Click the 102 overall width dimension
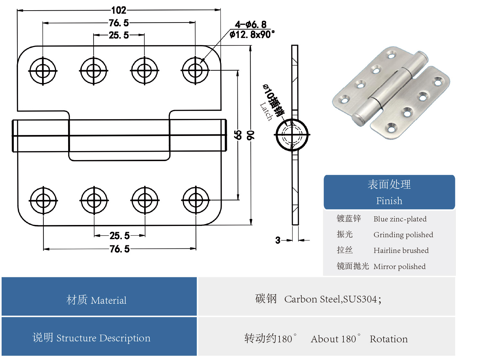coord(119,10)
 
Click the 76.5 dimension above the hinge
coord(119,23)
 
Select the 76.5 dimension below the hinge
coord(120,249)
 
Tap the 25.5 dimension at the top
coord(119,35)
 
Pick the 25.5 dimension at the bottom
coord(120,236)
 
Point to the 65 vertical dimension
coord(238,135)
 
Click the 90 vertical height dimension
coord(250,135)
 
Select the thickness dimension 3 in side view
coord(278,240)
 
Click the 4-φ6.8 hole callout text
coord(251,24)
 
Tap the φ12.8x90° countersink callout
coord(252,34)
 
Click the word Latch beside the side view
coord(266,111)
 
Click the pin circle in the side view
coord(292,135)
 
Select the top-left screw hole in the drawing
coord(43,71)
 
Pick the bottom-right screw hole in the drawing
coord(196,200)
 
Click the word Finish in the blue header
coord(389,201)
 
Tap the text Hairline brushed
coord(401,250)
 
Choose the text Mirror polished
coord(399,266)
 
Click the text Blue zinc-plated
coord(400,219)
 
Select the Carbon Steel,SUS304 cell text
coord(333,299)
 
